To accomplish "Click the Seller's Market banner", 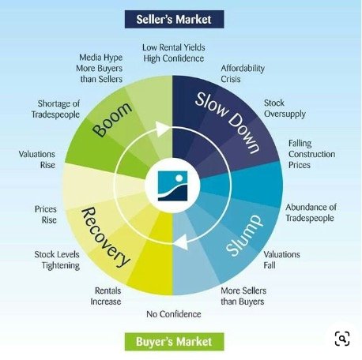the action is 174,19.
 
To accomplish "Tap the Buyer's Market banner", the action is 174,342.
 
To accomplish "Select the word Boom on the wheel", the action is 112,120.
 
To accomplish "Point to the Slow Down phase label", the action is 228,122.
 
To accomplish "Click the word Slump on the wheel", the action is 244,235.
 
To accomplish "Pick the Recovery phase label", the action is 105,237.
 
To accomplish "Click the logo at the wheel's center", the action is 172,186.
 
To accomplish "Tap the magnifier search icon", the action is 342,339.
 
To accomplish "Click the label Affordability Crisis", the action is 243,73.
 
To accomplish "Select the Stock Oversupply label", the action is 285,108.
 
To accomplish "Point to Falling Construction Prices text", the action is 311,154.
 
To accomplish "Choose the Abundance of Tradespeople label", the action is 311,212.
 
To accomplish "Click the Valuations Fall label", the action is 281,260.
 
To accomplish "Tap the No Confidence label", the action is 174,314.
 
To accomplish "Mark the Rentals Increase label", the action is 106,296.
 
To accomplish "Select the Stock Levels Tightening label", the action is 57,260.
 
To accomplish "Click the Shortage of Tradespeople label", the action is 55,109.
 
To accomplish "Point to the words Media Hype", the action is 101,58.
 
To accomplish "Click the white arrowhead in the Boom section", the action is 163,129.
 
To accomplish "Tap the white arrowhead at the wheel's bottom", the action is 182,242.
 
